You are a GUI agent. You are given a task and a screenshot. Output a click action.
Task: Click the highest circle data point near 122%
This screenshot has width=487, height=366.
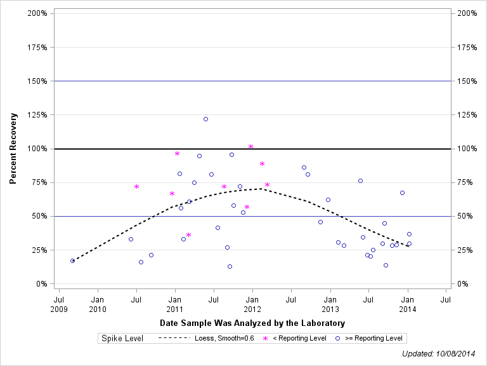[x=205, y=119]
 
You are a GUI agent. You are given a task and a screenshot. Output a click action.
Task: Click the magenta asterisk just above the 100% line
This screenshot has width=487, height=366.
[x=251, y=147]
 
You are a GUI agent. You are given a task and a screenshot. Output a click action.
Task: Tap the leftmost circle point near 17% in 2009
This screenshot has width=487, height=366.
[x=72, y=261]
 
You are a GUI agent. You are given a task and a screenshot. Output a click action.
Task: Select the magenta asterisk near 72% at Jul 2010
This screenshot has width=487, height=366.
[x=136, y=186]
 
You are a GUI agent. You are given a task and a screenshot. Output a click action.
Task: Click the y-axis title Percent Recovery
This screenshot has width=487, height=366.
[x=13, y=149]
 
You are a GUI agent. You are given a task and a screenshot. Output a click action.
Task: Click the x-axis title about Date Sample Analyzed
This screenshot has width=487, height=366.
[x=252, y=323]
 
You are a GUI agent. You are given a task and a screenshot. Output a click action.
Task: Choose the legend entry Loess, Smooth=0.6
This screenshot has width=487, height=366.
[x=206, y=338]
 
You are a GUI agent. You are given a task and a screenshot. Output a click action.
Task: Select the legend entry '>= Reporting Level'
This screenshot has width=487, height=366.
[x=370, y=338]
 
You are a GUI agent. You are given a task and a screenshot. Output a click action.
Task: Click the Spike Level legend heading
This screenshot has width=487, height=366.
[x=122, y=338]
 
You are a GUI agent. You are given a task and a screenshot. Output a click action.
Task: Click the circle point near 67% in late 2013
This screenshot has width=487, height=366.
[x=402, y=193]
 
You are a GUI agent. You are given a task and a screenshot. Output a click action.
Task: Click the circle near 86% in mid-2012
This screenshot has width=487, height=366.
[x=304, y=167]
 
